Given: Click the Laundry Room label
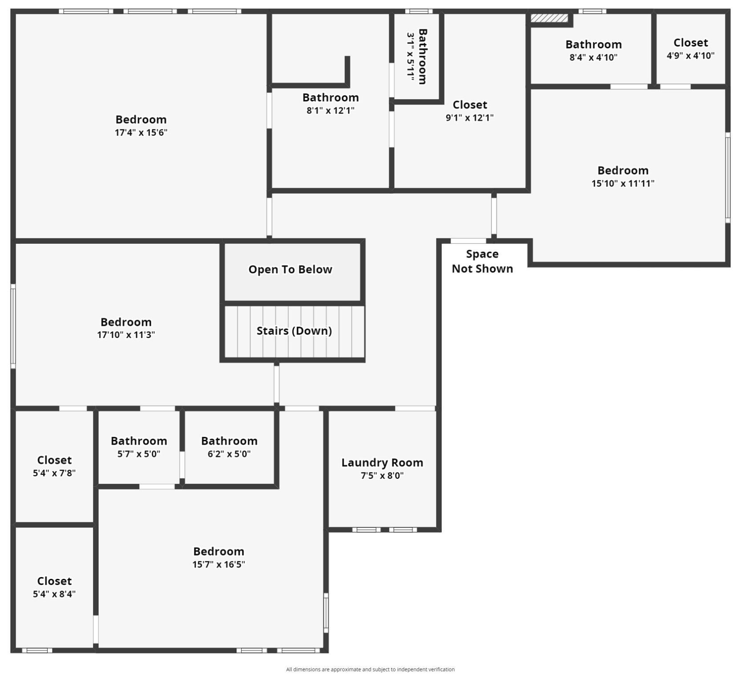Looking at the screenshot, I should point(382,463).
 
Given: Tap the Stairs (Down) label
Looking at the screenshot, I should point(294,331).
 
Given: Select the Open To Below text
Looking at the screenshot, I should point(290,270).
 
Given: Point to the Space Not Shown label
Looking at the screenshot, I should point(482,261).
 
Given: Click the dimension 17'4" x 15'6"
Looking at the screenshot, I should point(141,133).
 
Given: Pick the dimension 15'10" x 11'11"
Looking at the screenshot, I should point(623,183).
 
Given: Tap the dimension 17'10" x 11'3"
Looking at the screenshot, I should point(126,335).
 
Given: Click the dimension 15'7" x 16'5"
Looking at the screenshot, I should point(218,565).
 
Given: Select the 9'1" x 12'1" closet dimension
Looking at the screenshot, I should point(470,118).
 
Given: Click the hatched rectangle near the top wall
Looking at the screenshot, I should point(549,18).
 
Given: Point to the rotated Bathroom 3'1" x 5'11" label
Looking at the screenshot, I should point(417,57).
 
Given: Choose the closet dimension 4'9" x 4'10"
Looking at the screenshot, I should point(690,56).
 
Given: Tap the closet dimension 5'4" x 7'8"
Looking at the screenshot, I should point(54,473).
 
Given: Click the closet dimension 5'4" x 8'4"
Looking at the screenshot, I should point(54,594).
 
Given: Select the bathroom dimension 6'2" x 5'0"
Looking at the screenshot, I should point(229,454).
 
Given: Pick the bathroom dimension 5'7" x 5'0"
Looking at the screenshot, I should point(139,454).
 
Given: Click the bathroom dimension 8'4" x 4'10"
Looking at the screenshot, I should point(593,57).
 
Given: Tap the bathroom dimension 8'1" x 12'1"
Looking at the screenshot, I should point(330,111).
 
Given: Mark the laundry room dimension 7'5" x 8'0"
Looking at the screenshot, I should point(382,476).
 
